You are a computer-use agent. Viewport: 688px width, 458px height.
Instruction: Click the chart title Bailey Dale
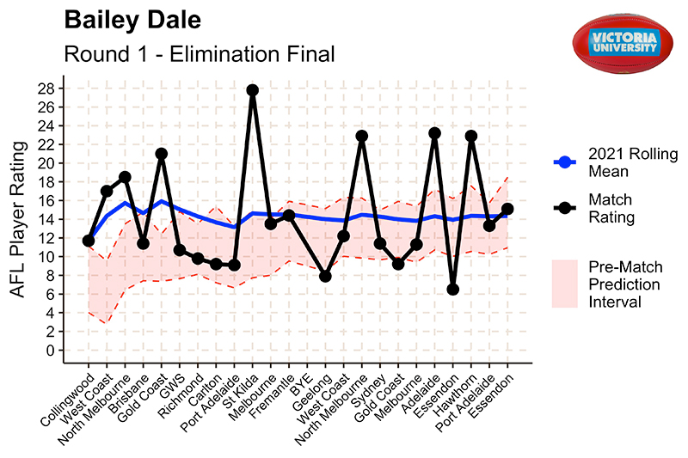click(132, 20)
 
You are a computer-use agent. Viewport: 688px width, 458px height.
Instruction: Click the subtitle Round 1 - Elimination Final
click(200, 54)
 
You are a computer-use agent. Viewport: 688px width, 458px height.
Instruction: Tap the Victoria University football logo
click(623, 43)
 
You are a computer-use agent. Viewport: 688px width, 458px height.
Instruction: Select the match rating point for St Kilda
click(252, 90)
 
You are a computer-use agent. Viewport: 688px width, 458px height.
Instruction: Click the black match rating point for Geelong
click(325, 277)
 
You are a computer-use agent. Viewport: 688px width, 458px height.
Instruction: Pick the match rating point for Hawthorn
click(471, 136)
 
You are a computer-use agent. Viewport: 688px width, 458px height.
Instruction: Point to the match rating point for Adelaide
click(435, 133)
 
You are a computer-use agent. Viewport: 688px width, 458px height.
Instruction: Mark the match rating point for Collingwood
click(89, 241)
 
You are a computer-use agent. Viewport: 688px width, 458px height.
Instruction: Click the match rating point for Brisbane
click(143, 243)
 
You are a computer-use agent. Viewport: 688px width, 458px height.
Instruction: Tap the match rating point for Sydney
click(380, 243)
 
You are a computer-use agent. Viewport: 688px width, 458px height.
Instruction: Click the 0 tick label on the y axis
click(51, 351)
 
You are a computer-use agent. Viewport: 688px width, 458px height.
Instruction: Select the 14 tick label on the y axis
click(46, 220)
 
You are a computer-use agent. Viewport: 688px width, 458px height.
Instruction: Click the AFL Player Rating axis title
click(18, 220)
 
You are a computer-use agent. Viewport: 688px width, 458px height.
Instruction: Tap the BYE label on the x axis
click(302, 386)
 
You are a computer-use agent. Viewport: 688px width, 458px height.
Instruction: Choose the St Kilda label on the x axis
click(241, 392)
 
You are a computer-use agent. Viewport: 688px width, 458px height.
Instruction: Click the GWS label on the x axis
click(173, 387)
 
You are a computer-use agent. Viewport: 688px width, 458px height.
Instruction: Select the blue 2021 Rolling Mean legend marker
click(565, 162)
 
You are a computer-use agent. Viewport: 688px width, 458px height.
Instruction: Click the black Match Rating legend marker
click(565, 208)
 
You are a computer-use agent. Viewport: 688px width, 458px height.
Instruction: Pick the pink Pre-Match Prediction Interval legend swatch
click(565, 284)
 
